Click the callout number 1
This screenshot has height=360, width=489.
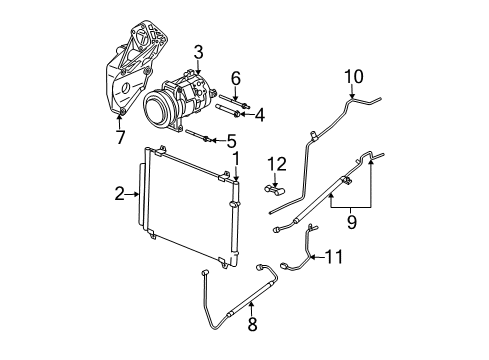[236, 158]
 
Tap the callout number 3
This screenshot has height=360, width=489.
[198, 52]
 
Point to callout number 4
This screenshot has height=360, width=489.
[259, 114]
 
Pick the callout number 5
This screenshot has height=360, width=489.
[232, 140]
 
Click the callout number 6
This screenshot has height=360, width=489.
[236, 77]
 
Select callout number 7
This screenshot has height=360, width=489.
[119, 136]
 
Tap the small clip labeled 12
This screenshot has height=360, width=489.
[276, 184]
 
